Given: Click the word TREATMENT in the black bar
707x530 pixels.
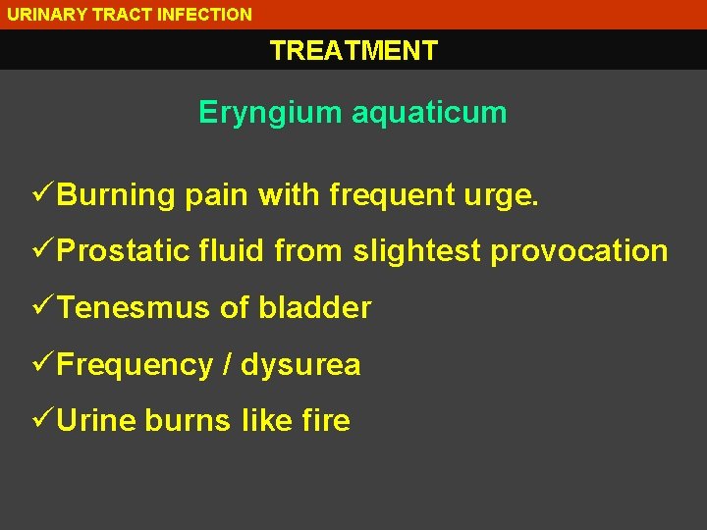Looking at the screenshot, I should point(353,50).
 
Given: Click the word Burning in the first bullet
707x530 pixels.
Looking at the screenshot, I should point(116,194).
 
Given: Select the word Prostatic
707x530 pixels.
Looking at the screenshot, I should point(123,250).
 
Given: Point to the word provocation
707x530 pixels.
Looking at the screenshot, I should point(579,251).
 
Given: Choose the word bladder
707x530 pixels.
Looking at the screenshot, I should point(315,307).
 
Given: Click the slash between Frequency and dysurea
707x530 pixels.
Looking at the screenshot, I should point(228,364).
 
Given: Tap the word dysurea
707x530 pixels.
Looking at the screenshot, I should point(300,365).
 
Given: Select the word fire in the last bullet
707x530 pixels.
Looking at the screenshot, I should point(326,420).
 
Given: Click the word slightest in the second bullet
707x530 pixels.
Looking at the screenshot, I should point(417,251).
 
